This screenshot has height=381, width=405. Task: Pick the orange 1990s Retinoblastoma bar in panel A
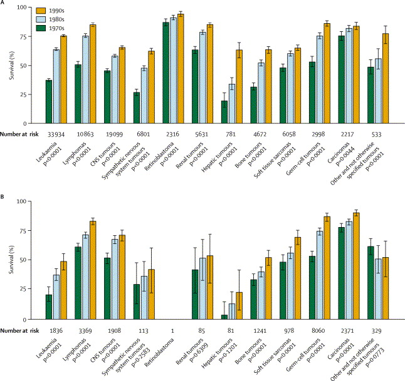click(x=181, y=69)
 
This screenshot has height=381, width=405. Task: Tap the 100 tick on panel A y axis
click(x=31, y=8)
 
